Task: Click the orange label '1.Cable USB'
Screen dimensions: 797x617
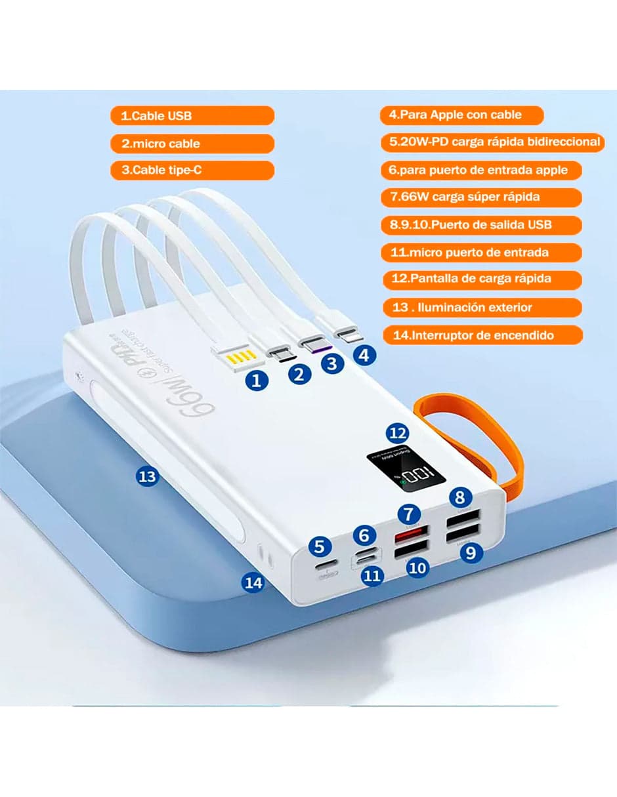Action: point(192,116)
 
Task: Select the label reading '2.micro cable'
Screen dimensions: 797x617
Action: point(192,144)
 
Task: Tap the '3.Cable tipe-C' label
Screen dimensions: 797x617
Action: point(192,171)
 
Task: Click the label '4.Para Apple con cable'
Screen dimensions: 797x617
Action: point(461,115)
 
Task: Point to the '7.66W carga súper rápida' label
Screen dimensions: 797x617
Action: point(481,197)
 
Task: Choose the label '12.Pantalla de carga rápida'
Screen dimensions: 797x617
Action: point(482,279)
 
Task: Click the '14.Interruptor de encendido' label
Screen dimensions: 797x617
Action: point(482,335)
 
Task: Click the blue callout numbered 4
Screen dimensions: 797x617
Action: point(365,356)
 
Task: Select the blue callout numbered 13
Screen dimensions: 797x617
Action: point(148,476)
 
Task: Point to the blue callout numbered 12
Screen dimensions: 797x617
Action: point(398,433)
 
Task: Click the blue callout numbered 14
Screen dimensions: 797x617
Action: point(254,581)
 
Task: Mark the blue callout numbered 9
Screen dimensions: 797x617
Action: point(471,552)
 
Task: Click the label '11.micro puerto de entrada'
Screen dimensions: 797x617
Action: point(481,252)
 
